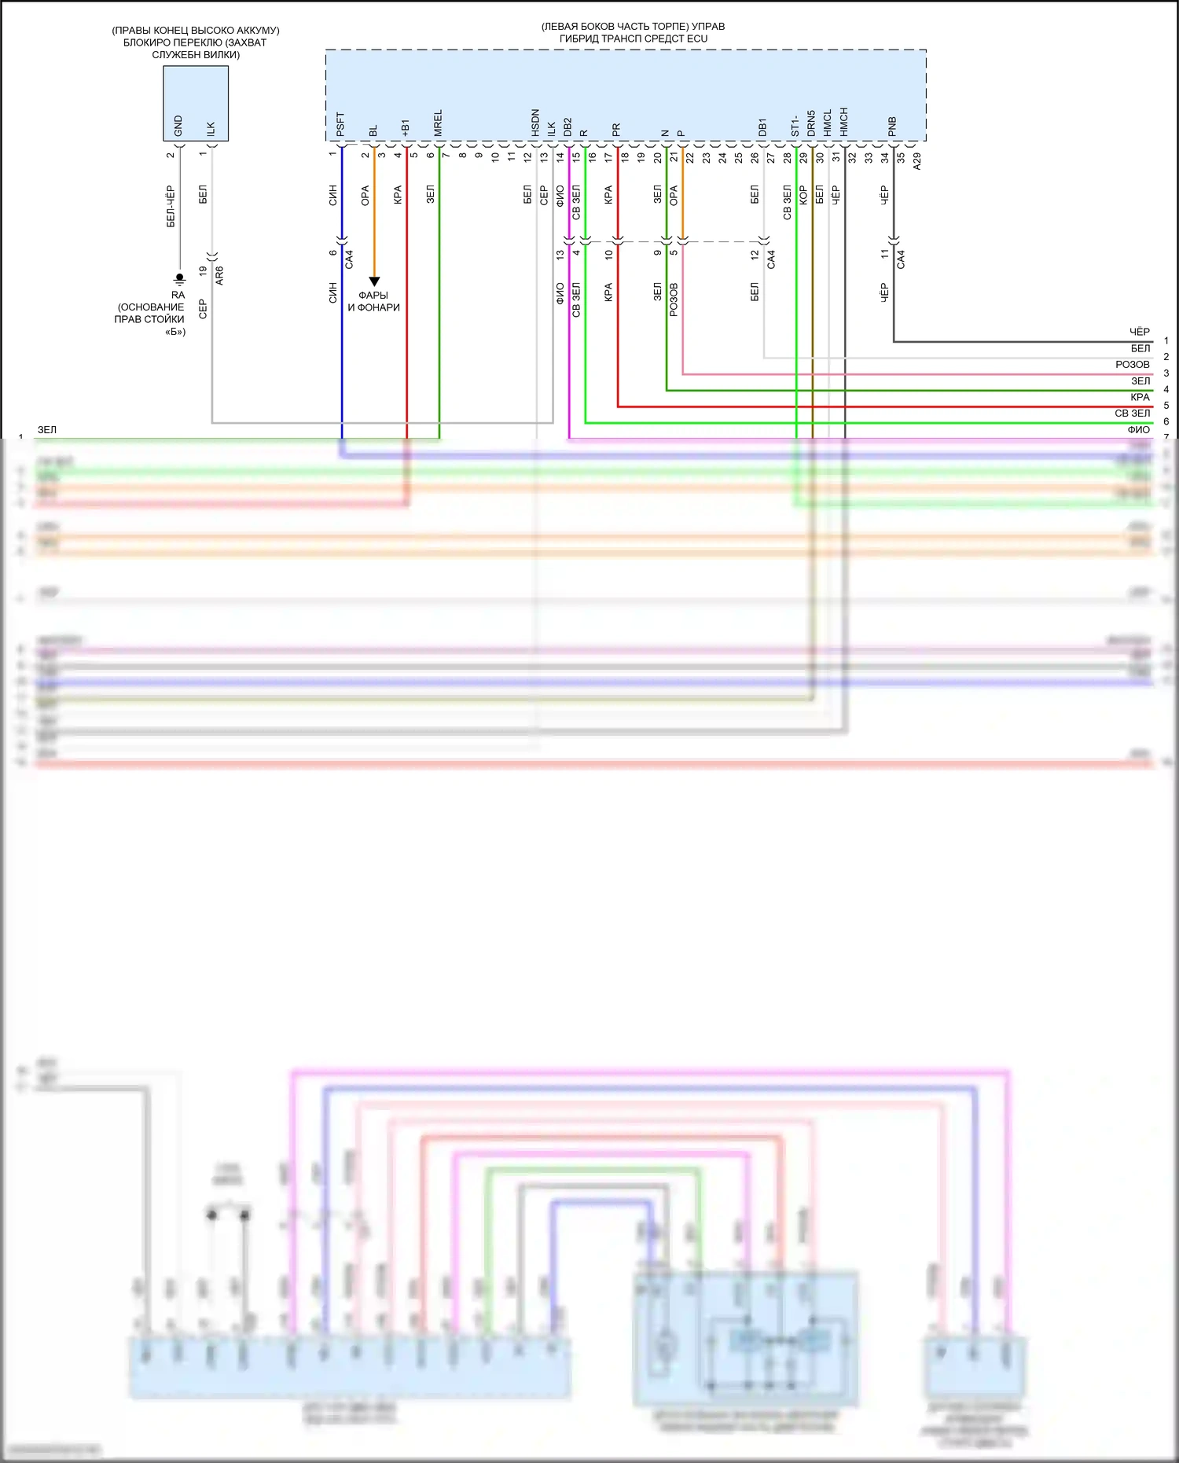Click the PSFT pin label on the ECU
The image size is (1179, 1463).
[340, 125]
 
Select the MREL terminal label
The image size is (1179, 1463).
[438, 123]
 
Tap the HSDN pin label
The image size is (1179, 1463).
[535, 123]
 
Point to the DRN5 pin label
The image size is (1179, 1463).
[811, 123]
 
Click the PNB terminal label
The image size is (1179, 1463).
[892, 127]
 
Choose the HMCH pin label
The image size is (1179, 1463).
[843, 123]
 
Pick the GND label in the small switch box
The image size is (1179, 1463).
[178, 126]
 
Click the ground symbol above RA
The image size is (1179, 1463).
[179, 278]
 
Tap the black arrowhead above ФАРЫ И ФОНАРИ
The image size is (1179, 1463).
[374, 281]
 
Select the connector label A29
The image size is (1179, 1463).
[916, 161]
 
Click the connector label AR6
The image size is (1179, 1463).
[219, 275]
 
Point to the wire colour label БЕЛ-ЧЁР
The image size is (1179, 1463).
[171, 208]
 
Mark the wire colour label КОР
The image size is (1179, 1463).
[803, 195]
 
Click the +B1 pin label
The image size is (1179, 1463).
[406, 128]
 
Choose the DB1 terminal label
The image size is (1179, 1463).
[762, 127]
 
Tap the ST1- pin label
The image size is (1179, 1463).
[795, 126]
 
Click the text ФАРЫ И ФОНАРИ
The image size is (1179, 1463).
[374, 301]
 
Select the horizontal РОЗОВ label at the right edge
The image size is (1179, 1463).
[1132, 365]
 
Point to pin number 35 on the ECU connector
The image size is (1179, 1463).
[901, 157]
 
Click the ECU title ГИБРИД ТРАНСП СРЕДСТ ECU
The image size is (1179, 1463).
[633, 39]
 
